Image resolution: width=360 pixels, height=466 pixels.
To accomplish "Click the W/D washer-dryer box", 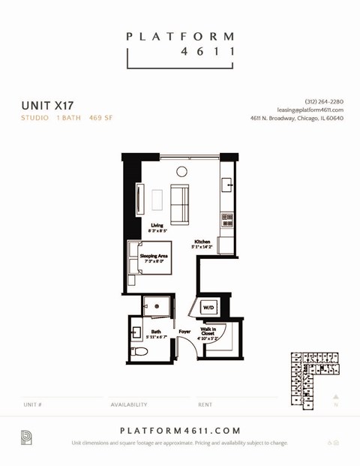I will (208, 307).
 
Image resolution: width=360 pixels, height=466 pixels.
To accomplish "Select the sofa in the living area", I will (180, 204).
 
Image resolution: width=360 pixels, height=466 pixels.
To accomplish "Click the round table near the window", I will (181, 172).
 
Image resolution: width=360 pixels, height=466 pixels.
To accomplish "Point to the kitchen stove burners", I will (226, 219).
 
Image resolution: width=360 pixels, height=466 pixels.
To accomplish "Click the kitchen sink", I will (227, 185).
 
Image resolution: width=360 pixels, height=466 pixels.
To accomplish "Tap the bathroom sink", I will (137, 332).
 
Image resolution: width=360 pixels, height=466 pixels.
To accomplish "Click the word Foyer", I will (184, 331).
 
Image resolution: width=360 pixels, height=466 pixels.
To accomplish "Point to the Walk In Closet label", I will (208, 331).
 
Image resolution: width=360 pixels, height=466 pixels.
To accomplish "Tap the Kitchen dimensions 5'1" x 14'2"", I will (202, 245).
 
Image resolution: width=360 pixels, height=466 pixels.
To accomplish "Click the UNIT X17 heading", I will (47, 105).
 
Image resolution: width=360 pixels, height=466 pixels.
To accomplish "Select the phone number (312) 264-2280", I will (324, 101).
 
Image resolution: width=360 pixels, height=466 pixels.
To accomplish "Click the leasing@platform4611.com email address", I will (310, 110).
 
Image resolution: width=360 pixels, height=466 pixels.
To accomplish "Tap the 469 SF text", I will (100, 118).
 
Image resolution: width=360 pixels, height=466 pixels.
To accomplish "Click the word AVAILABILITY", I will (129, 404).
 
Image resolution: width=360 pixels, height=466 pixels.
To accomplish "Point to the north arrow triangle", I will (336, 396).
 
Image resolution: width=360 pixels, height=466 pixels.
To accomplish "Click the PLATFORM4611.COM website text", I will (180, 430).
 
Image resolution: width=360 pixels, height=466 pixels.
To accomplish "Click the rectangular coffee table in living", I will (157, 200).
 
